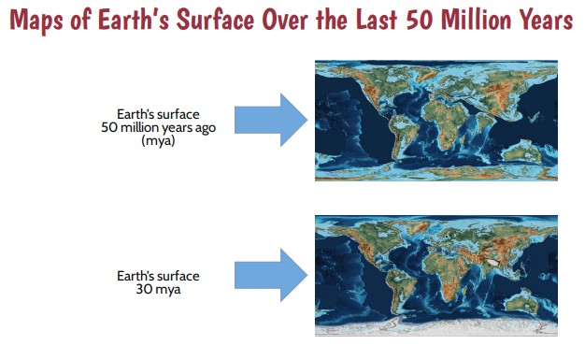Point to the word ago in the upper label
coord(201,128)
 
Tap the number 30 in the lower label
coord(142,289)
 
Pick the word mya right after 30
coord(165,289)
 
